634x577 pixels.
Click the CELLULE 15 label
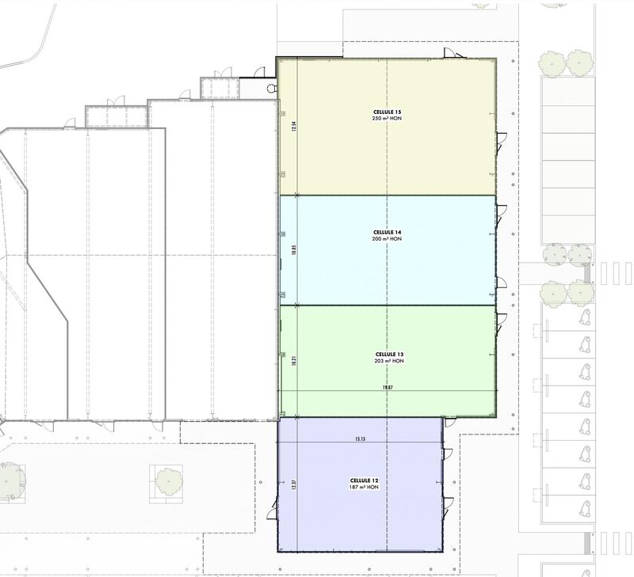[x=388, y=112]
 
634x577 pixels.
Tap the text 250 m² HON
[x=388, y=119]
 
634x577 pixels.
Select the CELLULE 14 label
[x=388, y=232]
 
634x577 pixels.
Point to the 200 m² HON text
[x=388, y=238]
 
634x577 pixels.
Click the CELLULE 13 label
[x=388, y=354]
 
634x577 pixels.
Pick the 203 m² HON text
[x=388, y=361]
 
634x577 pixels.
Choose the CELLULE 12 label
[x=365, y=480]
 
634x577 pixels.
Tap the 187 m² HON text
[x=365, y=487]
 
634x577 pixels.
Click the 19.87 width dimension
[x=387, y=388]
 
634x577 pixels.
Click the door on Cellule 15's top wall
[x=450, y=53]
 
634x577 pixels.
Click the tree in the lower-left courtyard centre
[x=167, y=479]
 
